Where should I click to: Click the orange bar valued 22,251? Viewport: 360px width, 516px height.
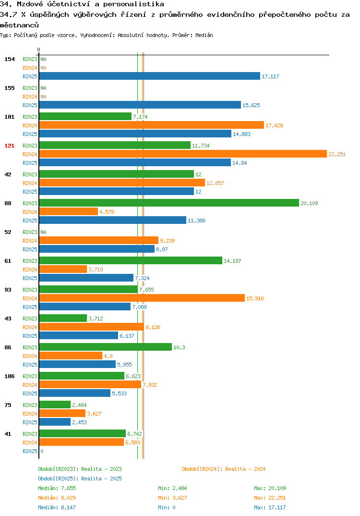[183, 154]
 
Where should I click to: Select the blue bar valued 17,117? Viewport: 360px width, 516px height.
[150, 76]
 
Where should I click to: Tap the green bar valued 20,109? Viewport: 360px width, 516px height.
[169, 203]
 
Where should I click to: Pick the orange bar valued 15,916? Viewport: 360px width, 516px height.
[142, 298]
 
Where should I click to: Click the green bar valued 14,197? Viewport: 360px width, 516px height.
[131, 260]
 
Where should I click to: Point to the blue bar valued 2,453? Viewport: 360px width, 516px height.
[55, 422]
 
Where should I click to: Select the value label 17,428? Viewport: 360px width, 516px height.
[274, 125]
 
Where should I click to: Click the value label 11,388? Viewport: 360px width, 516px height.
[196, 221]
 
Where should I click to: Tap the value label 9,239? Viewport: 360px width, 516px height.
[167, 241]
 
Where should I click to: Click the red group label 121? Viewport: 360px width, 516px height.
[10, 146]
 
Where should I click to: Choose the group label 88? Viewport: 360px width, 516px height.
[8, 203]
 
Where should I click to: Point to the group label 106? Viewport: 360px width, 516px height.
[10, 376]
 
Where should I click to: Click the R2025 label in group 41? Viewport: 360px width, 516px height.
[30, 451]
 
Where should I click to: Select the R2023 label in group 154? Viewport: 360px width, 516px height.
[30, 59]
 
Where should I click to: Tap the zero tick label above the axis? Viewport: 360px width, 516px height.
[38, 49]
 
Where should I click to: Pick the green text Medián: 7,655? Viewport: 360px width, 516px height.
[57, 488]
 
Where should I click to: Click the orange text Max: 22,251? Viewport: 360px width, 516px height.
[270, 498]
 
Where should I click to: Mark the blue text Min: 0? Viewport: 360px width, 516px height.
[167, 507]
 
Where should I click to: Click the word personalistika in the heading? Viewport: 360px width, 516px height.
[133, 4]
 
